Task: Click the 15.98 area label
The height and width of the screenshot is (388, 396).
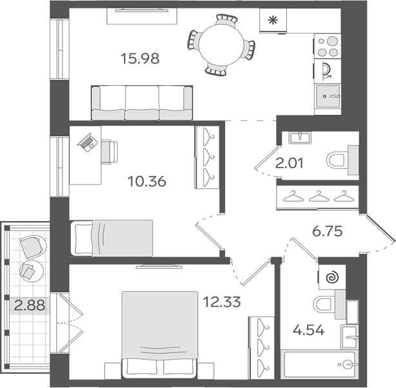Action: coord(139,59)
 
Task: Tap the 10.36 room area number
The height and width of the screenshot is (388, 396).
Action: coord(147,181)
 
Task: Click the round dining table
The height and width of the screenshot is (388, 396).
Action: coord(221,44)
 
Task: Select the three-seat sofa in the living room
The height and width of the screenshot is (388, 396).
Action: coord(142,102)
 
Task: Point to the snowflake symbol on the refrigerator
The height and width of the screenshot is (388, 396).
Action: coord(272,20)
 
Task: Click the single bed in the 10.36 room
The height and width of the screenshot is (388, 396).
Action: coord(111,237)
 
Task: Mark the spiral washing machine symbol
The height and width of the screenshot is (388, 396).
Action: coord(332,277)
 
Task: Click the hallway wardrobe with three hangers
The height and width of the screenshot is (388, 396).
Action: coord(316,195)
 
